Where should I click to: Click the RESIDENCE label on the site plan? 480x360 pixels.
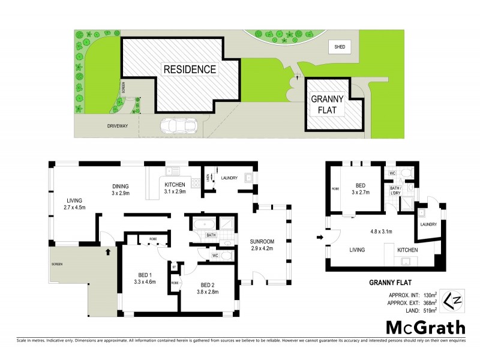tap(190, 69)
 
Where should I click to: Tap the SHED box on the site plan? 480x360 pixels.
tap(339, 46)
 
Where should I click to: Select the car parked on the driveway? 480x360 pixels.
tap(178, 126)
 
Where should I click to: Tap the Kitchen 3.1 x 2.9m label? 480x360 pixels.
tap(175, 188)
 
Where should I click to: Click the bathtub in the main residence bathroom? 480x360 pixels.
tap(201, 224)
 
